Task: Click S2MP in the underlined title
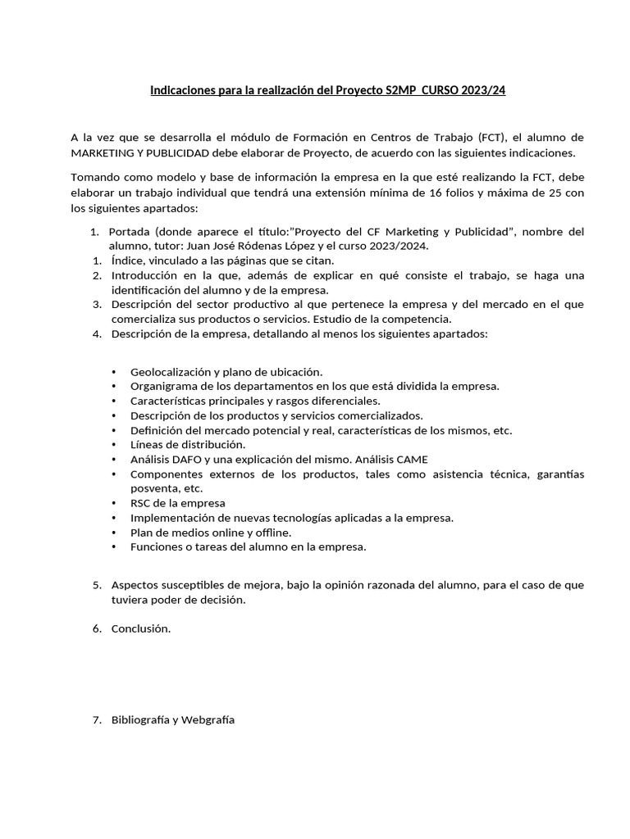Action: click(400, 90)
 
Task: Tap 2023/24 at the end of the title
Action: click(484, 90)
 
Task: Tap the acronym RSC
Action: click(142, 503)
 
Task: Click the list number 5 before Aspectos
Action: click(96, 585)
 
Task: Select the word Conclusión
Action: click(141, 628)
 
